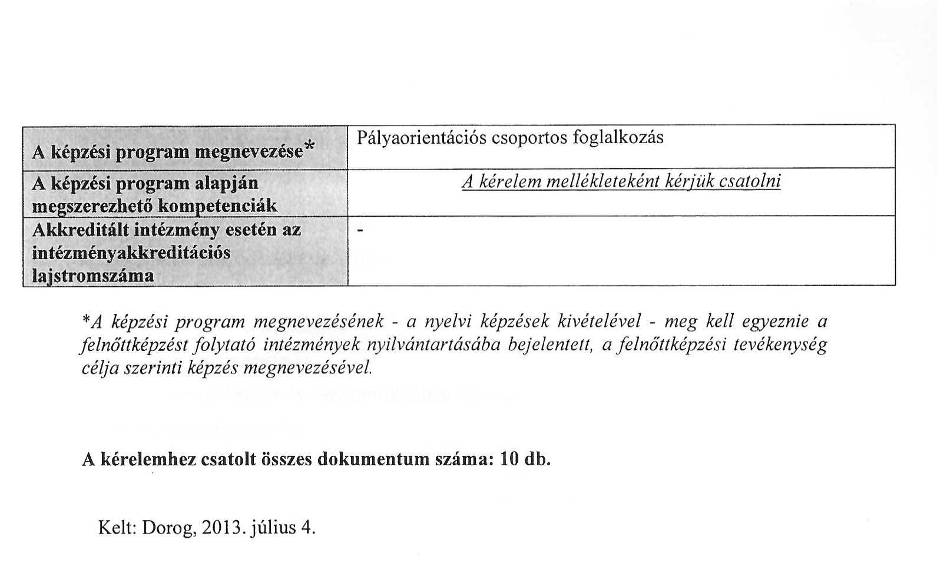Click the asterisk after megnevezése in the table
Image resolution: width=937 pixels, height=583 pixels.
pyautogui.click(x=310, y=145)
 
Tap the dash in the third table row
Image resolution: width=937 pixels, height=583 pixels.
pyautogui.click(x=361, y=230)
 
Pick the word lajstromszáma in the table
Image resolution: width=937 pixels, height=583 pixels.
pyautogui.click(x=92, y=276)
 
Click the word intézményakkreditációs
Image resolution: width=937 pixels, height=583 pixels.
pyautogui.click(x=131, y=253)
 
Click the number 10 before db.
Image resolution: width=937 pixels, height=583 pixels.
pyautogui.click(x=509, y=459)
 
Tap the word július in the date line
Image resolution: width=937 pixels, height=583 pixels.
pyautogui.click(x=273, y=528)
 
